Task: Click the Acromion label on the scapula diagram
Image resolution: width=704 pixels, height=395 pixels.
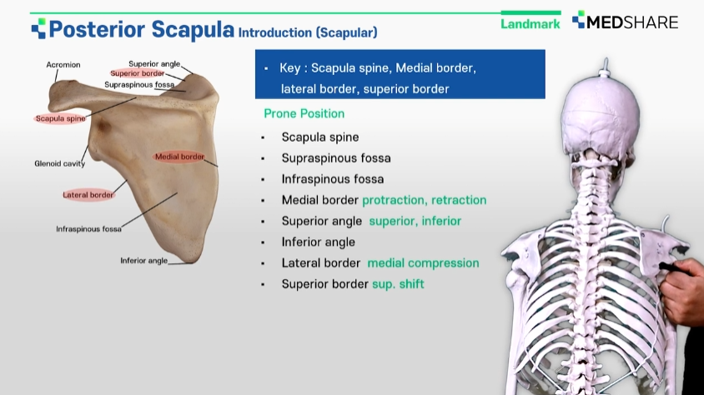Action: (63, 64)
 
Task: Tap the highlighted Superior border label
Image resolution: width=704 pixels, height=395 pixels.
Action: (138, 73)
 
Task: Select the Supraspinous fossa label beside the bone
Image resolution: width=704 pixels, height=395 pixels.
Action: (139, 85)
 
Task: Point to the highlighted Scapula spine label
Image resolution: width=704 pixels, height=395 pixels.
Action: (60, 119)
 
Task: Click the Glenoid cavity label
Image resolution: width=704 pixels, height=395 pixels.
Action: (60, 163)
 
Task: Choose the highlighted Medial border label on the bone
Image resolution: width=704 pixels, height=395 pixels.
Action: (179, 157)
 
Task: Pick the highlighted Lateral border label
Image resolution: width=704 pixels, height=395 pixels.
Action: (88, 195)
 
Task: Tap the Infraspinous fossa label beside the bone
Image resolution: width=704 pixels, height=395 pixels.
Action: (88, 229)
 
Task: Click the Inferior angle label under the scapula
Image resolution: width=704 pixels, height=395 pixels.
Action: (143, 261)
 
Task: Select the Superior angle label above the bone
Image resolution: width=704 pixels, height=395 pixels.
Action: (154, 64)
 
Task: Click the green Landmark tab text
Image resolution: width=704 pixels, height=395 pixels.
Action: (531, 24)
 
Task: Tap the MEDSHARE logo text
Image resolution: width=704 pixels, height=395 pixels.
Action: (632, 22)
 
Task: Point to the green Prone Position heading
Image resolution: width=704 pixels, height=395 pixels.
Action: (304, 113)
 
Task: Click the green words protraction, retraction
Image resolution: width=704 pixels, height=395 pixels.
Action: (425, 200)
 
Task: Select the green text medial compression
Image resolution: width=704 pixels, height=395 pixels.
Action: (423, 263)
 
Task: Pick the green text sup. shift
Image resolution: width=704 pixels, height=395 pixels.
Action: (398, 284)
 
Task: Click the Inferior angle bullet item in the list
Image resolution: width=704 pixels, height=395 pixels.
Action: (319, 242)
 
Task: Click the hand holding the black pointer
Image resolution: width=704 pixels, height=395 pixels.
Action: (682, 292)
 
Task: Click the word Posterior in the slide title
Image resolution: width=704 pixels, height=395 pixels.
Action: (97, 30)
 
